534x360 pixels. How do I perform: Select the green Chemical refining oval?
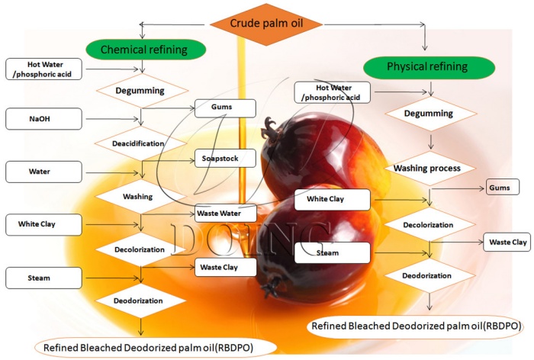point(146,50)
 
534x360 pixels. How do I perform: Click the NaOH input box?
point(43,119)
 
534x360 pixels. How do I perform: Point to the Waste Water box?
point(224,214)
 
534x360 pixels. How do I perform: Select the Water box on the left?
point(43,172)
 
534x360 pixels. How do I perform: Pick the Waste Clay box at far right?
point(507,243)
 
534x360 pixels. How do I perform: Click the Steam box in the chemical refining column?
point(43,278)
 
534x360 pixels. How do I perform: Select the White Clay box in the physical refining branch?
point(332,200)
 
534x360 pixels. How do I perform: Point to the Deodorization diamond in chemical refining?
point(140,301)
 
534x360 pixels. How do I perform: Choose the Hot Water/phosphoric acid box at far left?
point(43,68)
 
